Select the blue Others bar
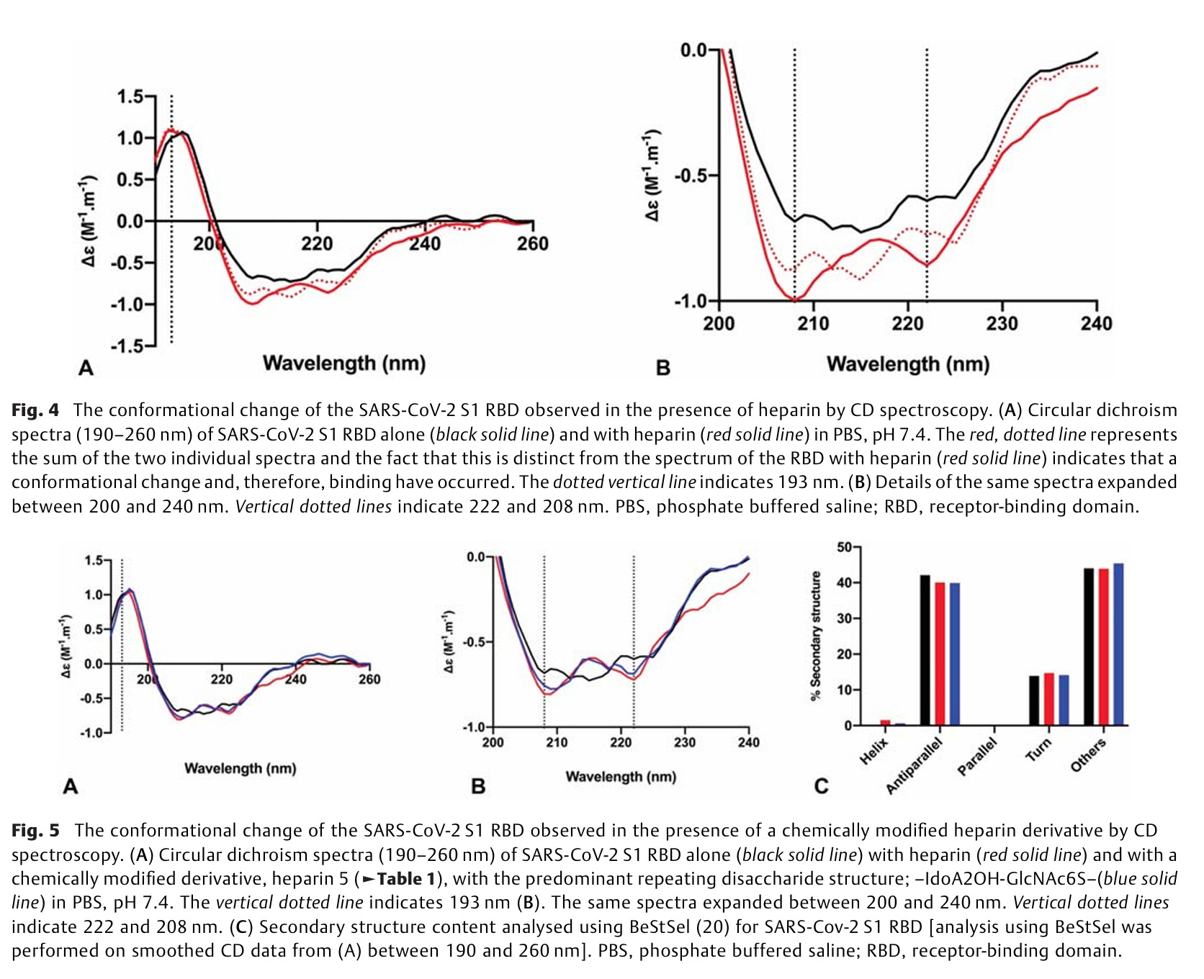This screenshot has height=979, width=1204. pyautogui.click(x=1118, y=644)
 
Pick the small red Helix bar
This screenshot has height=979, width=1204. pyautogui.click(x=886, y=722)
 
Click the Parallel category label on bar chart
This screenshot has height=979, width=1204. pyautogui.click(x=977, y=757)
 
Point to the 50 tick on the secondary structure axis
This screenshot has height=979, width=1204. pyautogui.click(x=844, y=548)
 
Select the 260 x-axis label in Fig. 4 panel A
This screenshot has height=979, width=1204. pyautogui.click(x=532, y=244)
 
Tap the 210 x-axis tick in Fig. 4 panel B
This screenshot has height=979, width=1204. pyautogui.click(x=813, y=324)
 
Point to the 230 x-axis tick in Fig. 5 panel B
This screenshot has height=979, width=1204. pyautogui.click(x=685, y=742)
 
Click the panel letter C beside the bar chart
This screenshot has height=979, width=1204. pyautogui.click(x=821, y=785)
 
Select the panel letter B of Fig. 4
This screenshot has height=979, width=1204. pyautogui.click(x=662, y=368)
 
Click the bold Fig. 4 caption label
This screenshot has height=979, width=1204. pyautogui.click(x=35, y=410)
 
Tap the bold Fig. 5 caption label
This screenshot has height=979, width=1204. pyautogui.click(x=35, y=831)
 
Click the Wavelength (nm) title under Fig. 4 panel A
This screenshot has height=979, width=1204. pyautogui.click(x=343, y=363)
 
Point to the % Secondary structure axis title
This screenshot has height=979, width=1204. pyautogui.click(x=816, y=636)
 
